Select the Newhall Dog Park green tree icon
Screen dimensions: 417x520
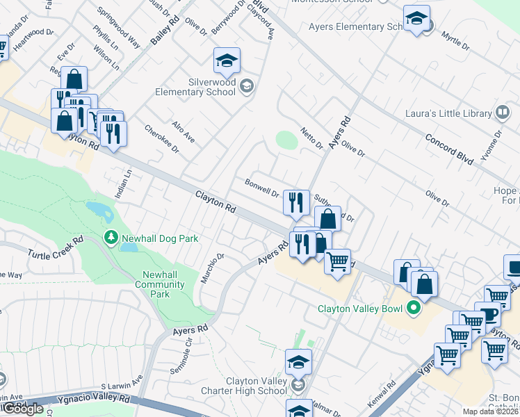[x=111, y=238]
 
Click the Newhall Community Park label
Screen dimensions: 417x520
[x=160, y=284]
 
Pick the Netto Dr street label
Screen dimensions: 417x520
[x=312, y=138]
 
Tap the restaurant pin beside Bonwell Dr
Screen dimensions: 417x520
[x=297, y=203]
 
